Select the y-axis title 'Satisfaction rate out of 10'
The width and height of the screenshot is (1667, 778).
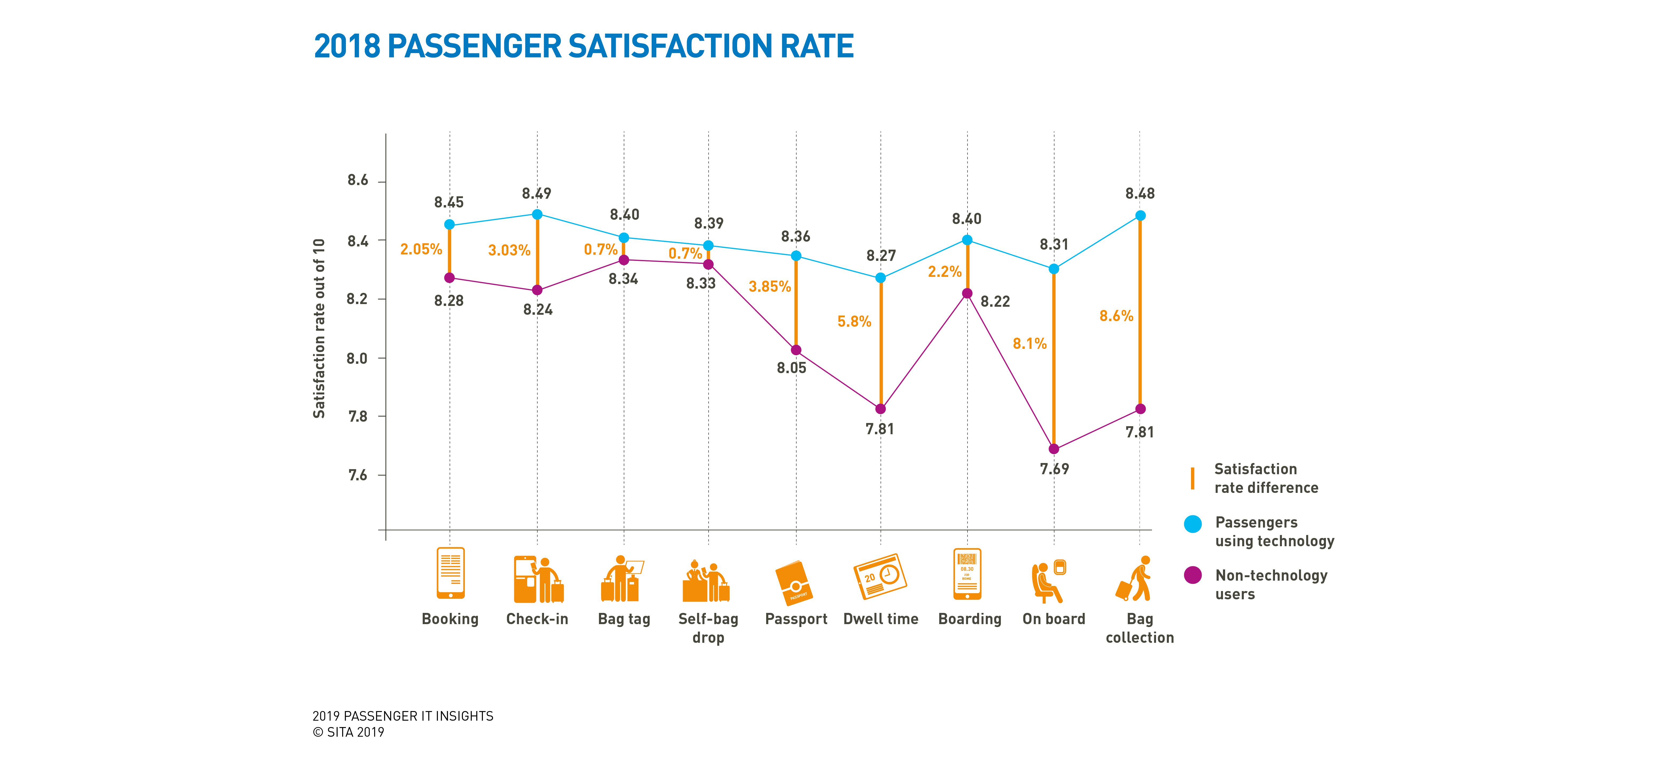(x=319, y=329)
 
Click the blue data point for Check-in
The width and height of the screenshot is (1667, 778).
(x=537, y=214)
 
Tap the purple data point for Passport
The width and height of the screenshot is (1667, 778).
(x=796, y=350)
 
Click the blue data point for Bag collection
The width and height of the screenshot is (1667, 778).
(x=1140, y=216)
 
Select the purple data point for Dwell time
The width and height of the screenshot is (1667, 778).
(x=880, y=409)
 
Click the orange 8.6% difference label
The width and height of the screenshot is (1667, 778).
(x=1116, y=316)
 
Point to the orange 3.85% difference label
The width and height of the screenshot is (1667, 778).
(x=769, y=287)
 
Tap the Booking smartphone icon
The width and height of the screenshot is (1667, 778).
(x=450, y=573)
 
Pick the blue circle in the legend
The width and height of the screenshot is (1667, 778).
(x=1193, y=524)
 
